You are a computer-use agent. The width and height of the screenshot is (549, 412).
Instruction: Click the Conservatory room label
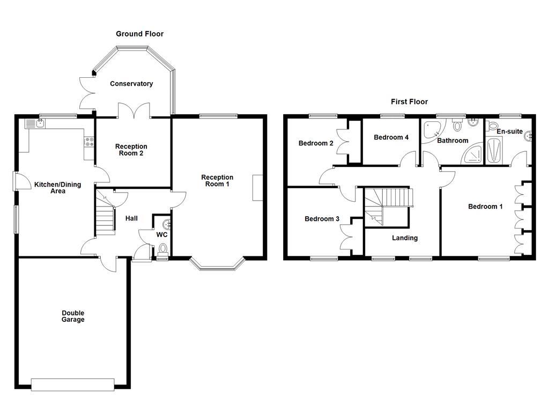[131, 84]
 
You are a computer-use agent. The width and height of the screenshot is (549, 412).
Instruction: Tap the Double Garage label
[73, 317]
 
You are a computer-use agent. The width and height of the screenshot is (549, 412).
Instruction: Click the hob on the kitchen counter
[89, 143]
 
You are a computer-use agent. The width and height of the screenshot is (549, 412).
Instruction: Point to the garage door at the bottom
[73, 384]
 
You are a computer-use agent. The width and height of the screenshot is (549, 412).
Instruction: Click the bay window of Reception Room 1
[217, 265]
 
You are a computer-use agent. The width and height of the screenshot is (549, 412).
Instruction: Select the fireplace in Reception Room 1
[257, 188]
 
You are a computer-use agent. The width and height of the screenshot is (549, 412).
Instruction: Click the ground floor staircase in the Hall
[106, 215]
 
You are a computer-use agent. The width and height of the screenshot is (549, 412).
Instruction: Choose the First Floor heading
[410, 101]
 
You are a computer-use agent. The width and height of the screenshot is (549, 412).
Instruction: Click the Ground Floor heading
[139, 34]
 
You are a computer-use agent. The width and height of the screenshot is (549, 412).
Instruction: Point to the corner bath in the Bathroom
[432, 131]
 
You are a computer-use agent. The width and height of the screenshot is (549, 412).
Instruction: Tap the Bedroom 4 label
[391, 137]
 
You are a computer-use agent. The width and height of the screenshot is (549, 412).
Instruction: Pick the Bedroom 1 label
[485, 207]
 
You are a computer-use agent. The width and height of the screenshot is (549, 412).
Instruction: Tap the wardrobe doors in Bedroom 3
[346, 236]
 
